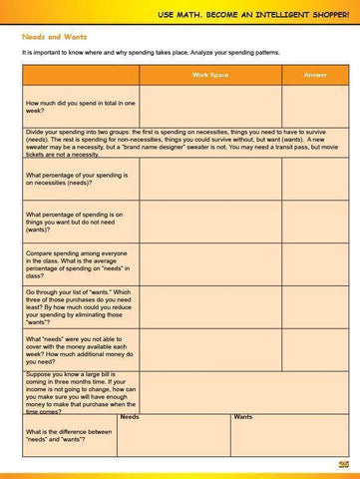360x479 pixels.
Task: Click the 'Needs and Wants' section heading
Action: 52,34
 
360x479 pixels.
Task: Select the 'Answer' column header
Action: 308,76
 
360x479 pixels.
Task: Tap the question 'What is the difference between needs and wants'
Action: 70,435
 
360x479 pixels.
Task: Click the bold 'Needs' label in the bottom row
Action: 130,416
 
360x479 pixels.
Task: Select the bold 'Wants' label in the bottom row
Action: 242,416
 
